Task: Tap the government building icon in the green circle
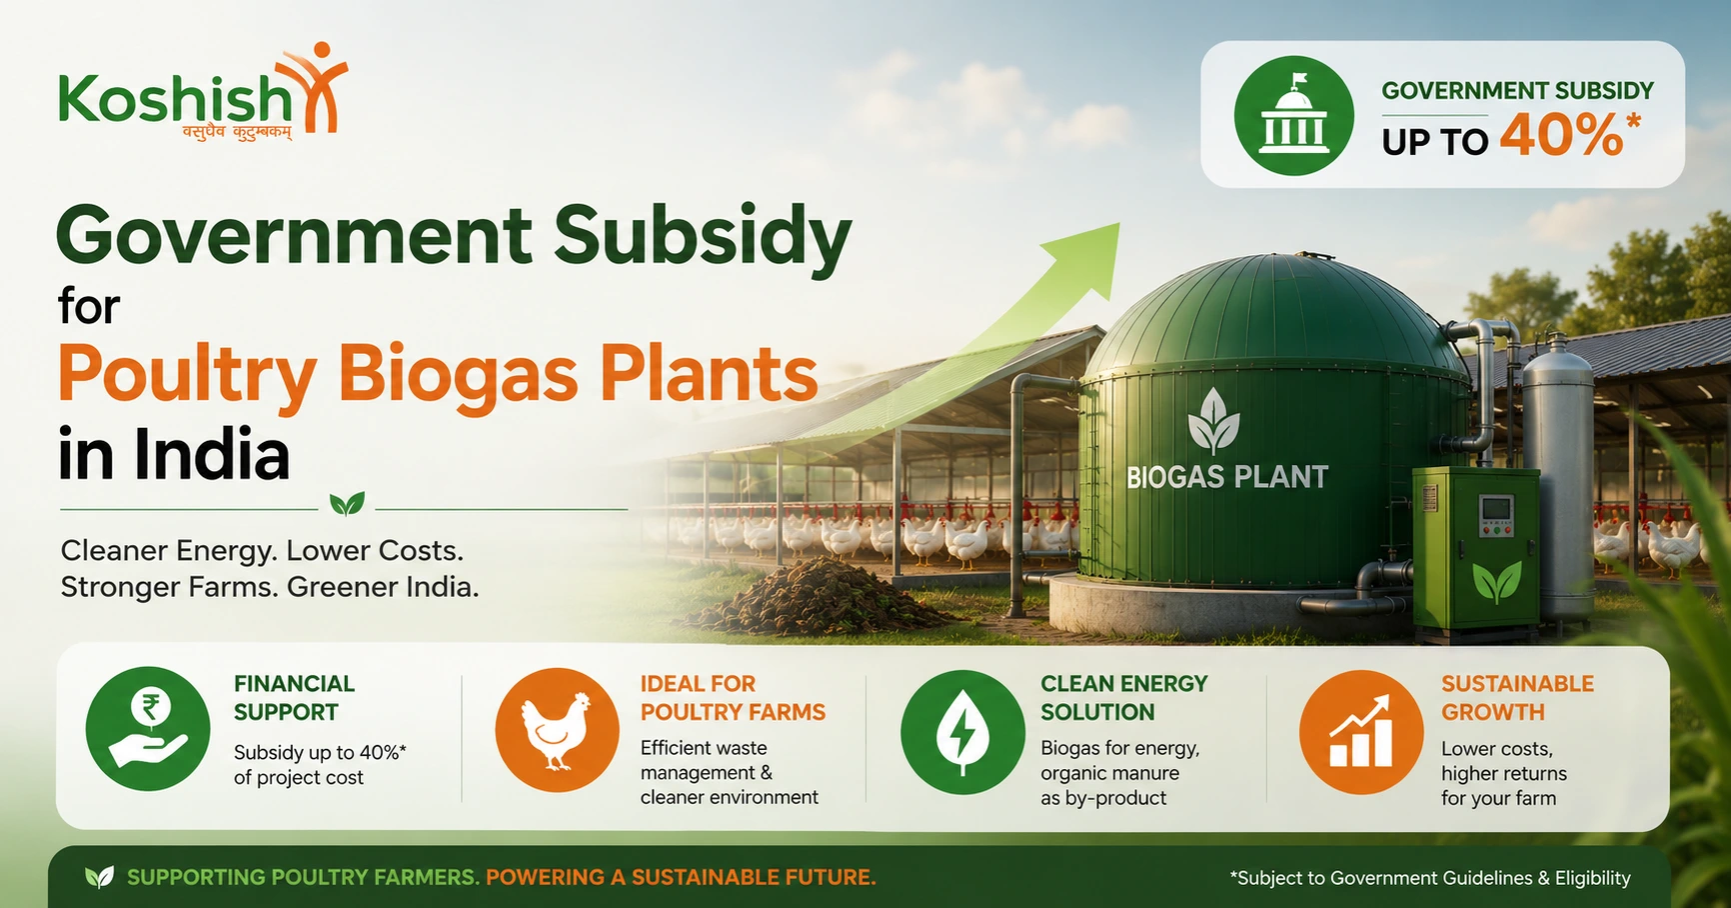click(x=1293, y=116)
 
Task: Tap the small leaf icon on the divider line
click(x=347, y=503)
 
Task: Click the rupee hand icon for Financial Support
click(x=148, y=729)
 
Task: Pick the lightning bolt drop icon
click(x=962, y=731)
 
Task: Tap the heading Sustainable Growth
click(x=1517, y=698)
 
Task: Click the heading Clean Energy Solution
click(x=1123, y=698)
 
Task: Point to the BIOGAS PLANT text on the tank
click(x=1227, y=477)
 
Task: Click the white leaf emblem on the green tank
click(x=1213, y=419)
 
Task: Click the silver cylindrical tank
click(x=1558, y=475)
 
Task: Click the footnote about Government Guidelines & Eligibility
click(x=1430, y=878)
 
